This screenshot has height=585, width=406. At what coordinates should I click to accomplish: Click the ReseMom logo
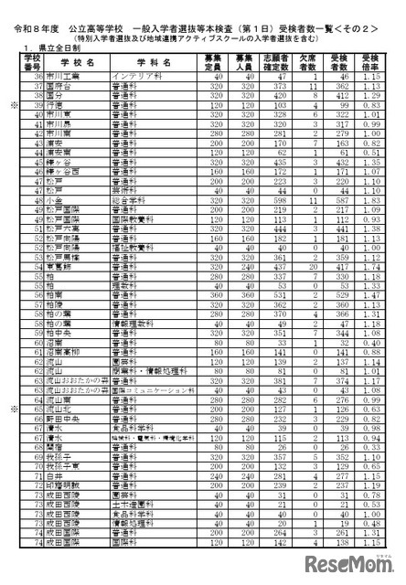(x=351, y=559)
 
